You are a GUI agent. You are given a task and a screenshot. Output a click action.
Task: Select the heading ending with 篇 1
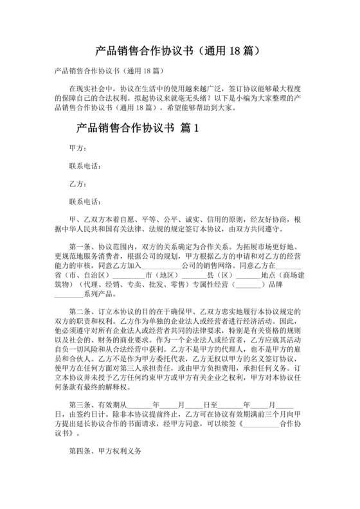(x=139, y=127)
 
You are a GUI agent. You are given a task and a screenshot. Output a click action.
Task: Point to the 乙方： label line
(x=78, y=183)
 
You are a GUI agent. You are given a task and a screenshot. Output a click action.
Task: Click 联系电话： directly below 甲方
(x=85, y=166)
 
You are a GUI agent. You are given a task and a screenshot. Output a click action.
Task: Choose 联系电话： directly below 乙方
(x=85, y=201)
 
